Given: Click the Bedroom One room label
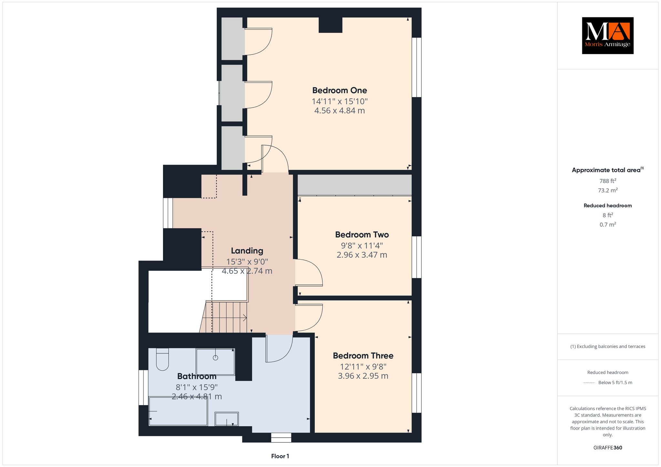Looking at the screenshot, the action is (x=340, y=90).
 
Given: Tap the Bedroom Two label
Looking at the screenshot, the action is (x=362, y=234).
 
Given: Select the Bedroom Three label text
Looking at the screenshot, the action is (x=363, y=356).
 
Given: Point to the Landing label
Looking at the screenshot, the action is (x=247, y=251).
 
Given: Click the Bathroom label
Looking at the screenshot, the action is (x=197, y=376).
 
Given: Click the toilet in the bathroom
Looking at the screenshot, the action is (x=162, y=359).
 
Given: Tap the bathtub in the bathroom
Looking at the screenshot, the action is (x=178, y=411).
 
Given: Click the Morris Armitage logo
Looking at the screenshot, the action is (x=607, y=35).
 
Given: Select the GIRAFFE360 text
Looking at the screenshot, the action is (x=608, y=448).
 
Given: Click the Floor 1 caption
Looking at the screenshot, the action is (x=280, y=456).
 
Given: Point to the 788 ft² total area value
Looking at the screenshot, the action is (x=608, y=181).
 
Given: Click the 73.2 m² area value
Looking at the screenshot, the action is (x=608, y=190).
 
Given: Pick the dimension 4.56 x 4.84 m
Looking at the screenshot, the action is (x=340, y=111).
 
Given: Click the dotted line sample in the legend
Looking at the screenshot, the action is (x=589, y=383).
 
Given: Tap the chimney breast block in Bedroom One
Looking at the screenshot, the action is (x=330, y=25).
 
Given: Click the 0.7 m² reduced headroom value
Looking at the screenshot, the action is (x=608, y=224).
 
